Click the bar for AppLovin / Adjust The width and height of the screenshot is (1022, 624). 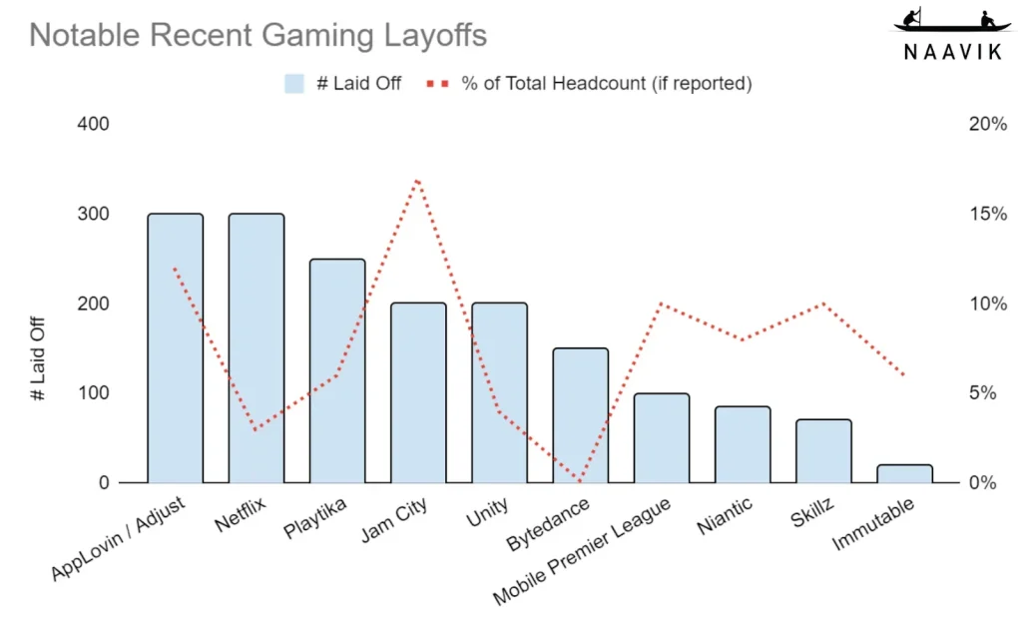pyautogui.click(x=175, y=348)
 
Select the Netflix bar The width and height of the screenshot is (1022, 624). pyautogui.click(x=256, y=348)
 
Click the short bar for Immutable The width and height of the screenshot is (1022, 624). pyautogui.click(x=904, y=474)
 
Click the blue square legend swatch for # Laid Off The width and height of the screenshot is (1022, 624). pyautogui.click(x=293, y=84)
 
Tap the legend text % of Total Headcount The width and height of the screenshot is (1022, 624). pyautogui.click(x=606, y=84)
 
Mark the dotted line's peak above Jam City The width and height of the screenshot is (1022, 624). pyautogui.click(x=417, y=180)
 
